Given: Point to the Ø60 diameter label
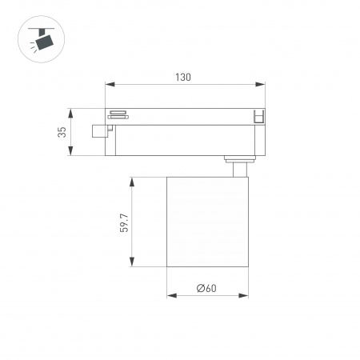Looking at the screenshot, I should tap(206, 288).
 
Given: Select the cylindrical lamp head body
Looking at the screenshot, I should tap(206, 222).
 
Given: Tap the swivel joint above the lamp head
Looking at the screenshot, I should tap(237, 166).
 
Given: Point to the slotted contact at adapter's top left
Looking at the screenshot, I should tap(118, 113).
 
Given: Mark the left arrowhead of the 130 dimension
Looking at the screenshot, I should tap(109, 84).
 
